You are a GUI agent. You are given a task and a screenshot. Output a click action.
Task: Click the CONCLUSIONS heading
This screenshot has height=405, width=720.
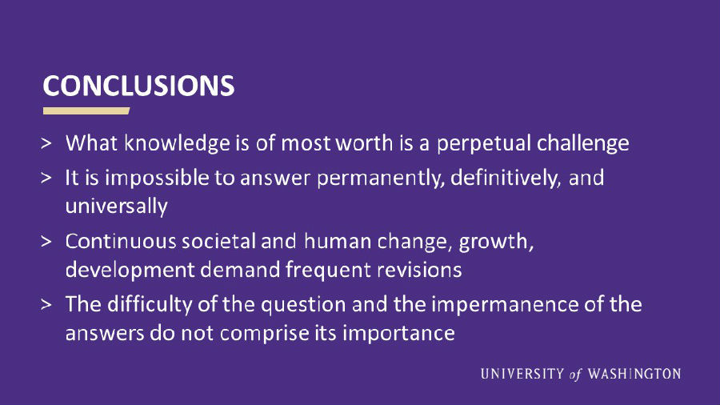[138, 86]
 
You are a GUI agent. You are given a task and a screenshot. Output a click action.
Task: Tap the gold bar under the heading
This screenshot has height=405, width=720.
[86, 110]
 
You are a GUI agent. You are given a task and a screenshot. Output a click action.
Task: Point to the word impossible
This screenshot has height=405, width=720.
[157, 178]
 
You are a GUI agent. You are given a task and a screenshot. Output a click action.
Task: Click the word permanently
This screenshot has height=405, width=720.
[381, 178]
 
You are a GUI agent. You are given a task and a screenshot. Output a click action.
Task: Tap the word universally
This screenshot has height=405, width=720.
[117, 207]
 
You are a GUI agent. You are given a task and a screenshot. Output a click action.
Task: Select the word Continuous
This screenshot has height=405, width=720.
[120, 241]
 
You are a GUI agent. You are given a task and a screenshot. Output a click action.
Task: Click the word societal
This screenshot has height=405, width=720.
[218, 241]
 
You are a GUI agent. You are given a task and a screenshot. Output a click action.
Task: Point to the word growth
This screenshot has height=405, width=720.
[496, 242]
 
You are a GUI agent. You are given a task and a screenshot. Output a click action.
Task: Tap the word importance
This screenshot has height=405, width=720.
[398, 334]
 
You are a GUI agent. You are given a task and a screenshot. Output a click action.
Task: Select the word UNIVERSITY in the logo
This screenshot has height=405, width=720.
[522, 374]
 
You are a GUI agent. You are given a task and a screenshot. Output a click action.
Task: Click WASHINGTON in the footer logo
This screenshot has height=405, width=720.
[634, 374]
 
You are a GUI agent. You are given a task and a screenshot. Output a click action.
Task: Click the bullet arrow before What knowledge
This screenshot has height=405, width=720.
[46, 144]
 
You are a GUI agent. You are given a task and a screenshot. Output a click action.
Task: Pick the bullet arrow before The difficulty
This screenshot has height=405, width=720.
[46, 305]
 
